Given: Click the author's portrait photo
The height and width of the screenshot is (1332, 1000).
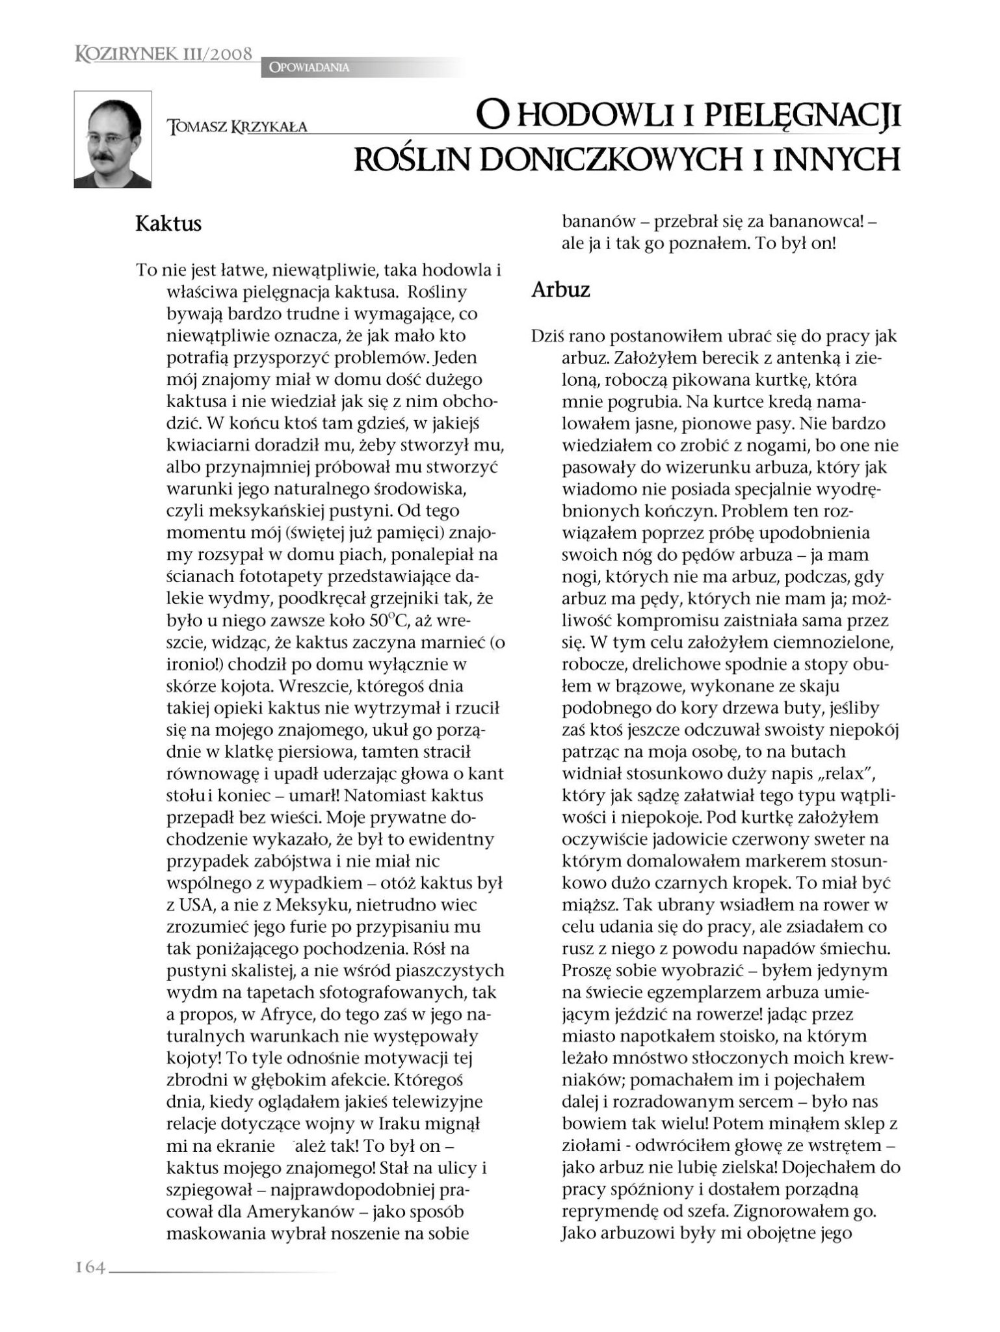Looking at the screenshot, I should pos(112,139).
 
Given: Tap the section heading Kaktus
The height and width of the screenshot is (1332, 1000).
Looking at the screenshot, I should pos(168,224).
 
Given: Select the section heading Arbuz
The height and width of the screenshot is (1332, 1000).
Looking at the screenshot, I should pos(560,289).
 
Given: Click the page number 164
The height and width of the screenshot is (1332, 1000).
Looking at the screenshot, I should pos(90,1267).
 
